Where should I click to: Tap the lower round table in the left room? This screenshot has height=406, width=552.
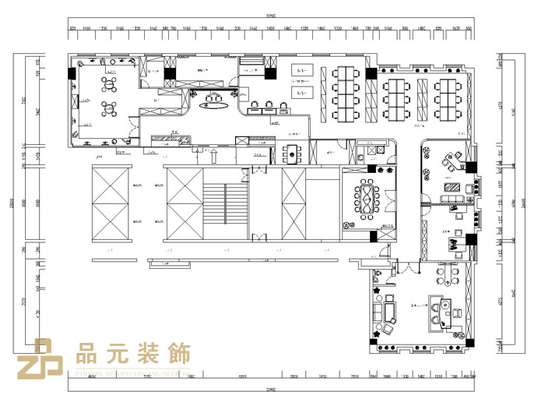(x=109, y=107)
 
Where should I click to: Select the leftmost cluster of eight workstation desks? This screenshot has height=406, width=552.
(x=343, y=94)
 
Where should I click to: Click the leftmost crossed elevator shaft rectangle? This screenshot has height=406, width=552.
(x=114, y=203)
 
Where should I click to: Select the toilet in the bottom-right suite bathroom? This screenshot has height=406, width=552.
(x=379, y=275)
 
